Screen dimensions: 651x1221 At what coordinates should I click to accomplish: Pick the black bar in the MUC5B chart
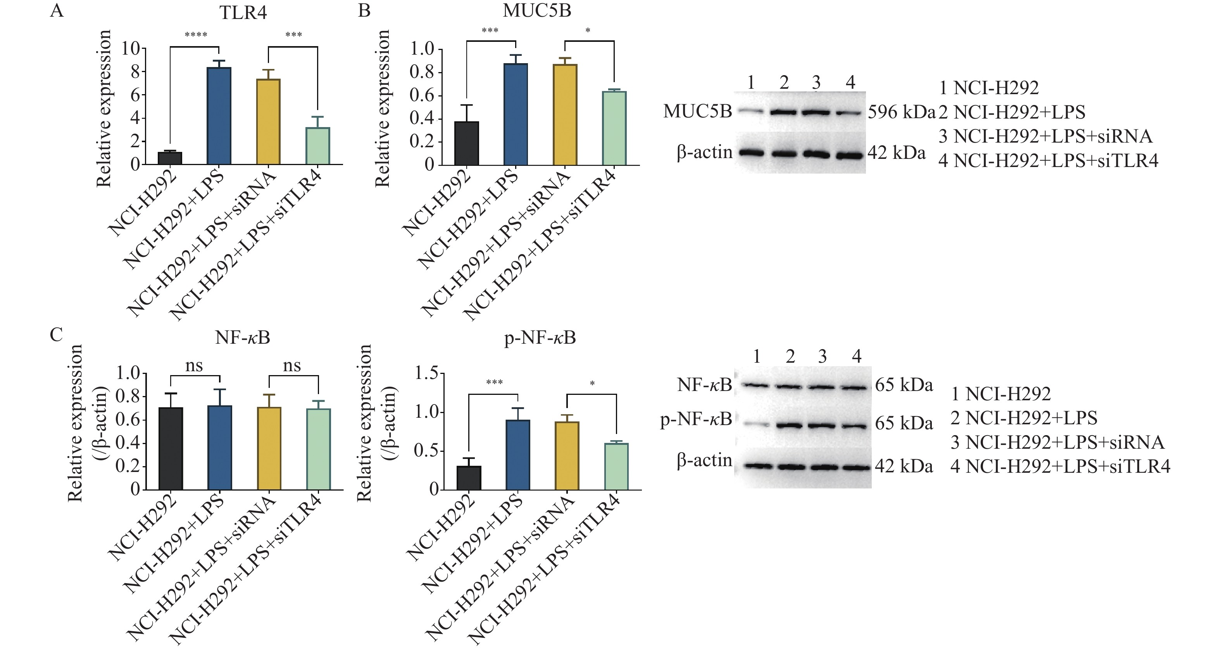(466, 143)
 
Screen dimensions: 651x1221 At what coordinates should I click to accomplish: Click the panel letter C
(57, 335)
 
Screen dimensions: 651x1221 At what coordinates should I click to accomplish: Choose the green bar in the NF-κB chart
(319, 449)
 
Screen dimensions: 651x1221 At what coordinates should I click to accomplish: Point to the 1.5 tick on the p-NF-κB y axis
(428, 374)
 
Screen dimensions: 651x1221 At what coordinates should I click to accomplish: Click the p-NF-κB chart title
(540, 338)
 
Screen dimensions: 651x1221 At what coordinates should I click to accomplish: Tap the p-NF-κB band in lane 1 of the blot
(757, 425)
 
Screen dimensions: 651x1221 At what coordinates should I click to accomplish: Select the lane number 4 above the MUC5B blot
(850, 83)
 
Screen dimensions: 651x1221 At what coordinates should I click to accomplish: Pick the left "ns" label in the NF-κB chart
(194, 366)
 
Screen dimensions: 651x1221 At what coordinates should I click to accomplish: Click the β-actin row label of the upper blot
(704, 153)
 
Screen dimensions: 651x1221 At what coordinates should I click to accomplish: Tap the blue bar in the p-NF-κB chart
(517, 455)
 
